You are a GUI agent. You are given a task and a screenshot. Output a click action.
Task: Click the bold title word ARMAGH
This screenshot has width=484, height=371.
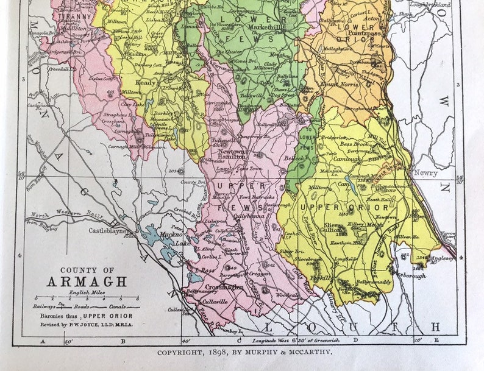pyautogui.click(x=87, y=281)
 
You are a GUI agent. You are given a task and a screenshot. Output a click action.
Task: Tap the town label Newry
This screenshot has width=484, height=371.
pyautogui.click(x=425, y=173)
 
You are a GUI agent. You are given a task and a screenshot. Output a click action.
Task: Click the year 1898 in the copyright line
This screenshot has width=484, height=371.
pyautogui.click(x=216, y=352)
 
